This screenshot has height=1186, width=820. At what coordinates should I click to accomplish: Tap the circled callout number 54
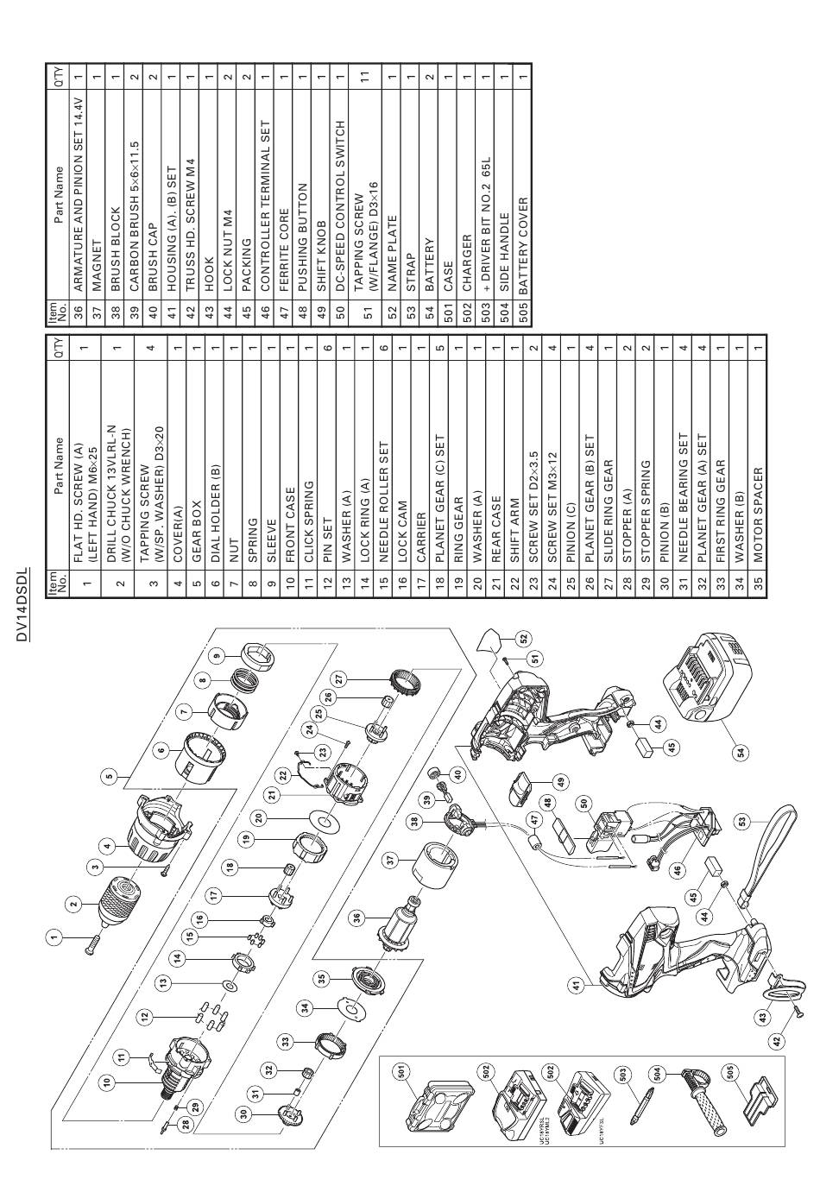(740, 752)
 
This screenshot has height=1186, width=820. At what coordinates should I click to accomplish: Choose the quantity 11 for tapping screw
(365, 77)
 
